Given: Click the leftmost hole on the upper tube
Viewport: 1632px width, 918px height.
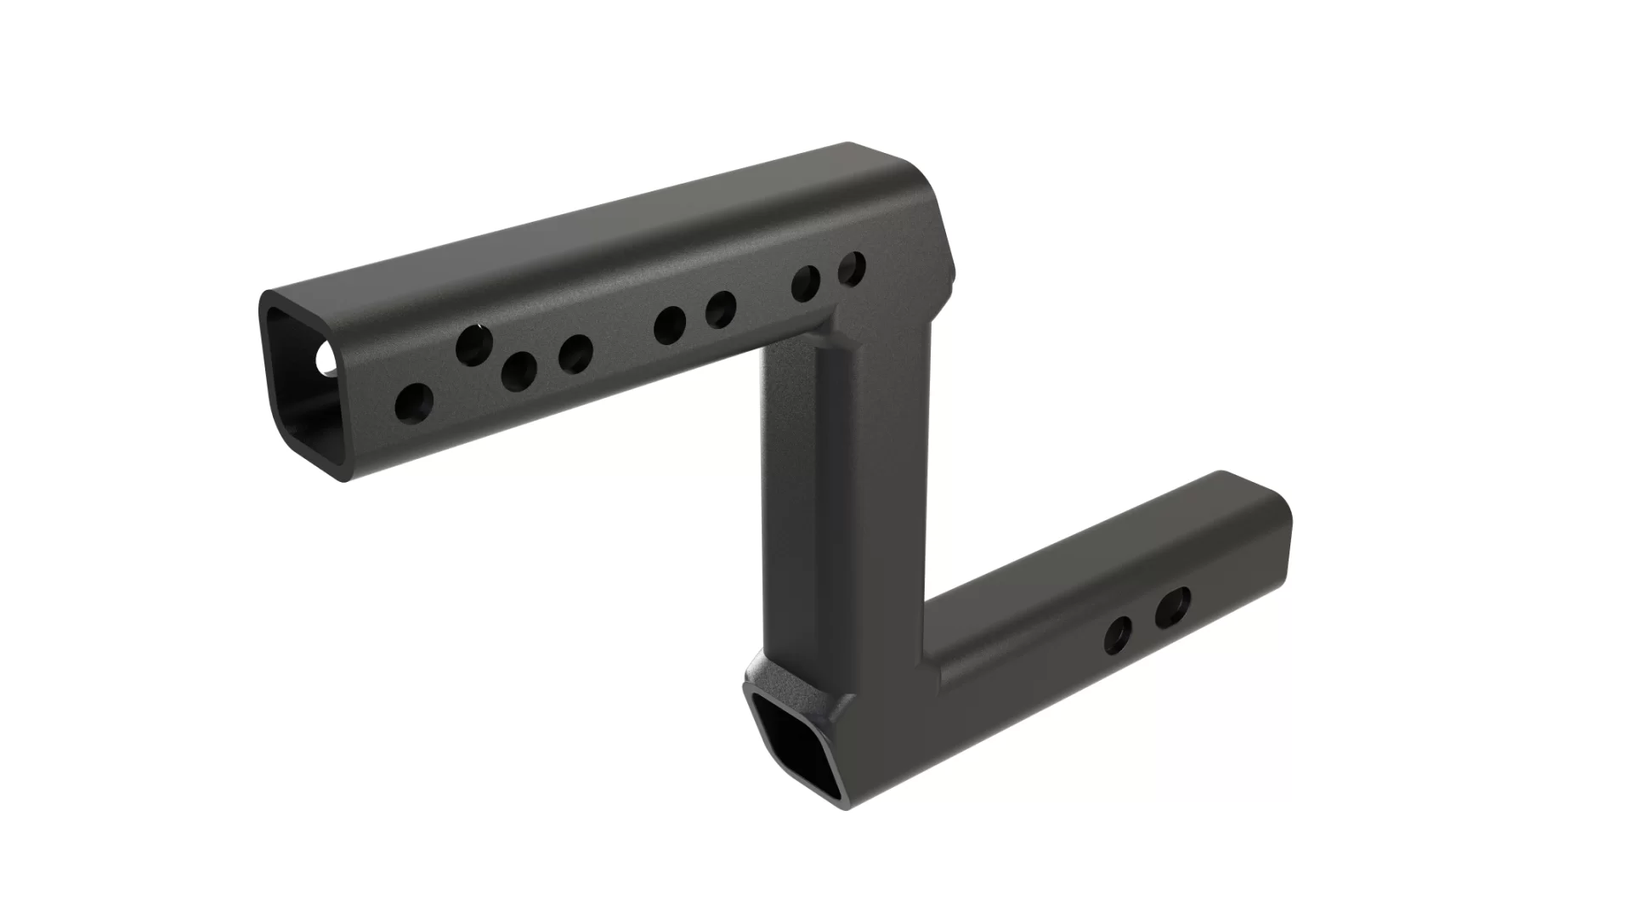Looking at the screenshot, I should pos(414,401).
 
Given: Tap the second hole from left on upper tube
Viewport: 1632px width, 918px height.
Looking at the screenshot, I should pos(473,344).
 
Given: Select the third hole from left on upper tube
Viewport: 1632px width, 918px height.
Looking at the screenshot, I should pos(518,371).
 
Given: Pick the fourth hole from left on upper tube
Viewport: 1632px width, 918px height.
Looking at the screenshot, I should pos(575,354).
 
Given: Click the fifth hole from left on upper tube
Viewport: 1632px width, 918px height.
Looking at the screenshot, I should pos(670,324).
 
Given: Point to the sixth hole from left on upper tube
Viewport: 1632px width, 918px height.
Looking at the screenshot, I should pos(720,309).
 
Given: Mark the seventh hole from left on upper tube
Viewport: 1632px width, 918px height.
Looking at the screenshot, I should pos(806,284).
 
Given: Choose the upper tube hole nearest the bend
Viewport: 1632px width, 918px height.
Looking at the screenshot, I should pos(852,269).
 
